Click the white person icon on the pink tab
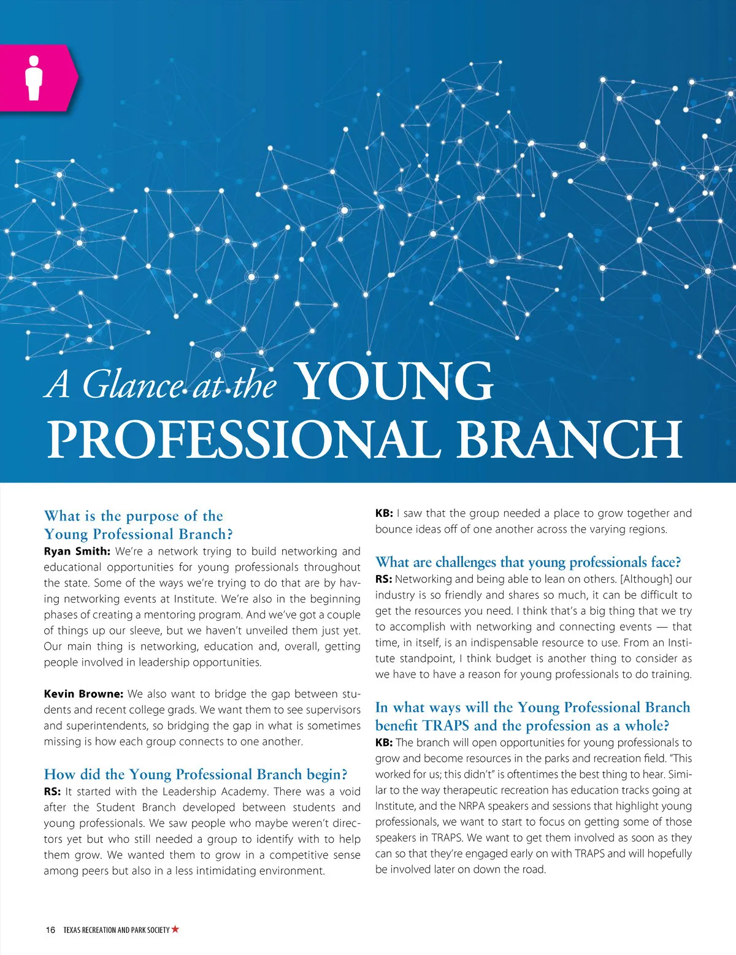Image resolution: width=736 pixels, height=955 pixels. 34,78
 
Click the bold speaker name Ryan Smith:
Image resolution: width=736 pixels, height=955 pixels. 77,551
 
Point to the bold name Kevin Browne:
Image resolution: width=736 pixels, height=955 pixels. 83,694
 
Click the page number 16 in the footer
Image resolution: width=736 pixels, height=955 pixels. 50,930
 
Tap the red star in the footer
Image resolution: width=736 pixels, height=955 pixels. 175,929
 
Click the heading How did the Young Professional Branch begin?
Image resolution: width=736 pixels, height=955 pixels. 196,774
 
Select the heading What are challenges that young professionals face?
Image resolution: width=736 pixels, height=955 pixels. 528,562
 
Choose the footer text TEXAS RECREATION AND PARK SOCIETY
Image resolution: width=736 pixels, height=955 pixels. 116,930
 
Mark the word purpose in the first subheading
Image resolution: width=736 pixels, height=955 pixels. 153,516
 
